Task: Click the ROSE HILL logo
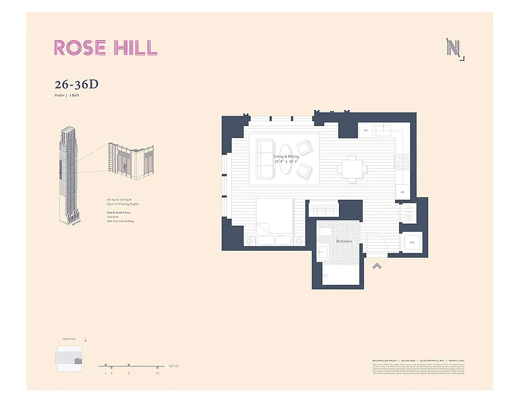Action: (105, 47)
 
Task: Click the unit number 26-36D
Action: (76, 84)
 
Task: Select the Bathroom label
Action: (344, 242)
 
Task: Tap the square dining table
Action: (351, 167)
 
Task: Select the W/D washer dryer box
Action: (412, 243)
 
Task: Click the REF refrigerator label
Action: (403, 191)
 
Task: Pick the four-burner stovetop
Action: (403, 161)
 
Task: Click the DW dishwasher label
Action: (366, 131)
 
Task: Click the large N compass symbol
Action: (454, 49)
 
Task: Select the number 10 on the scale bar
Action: (157, 373)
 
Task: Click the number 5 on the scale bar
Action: (129, 373)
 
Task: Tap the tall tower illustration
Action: (68, 176)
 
